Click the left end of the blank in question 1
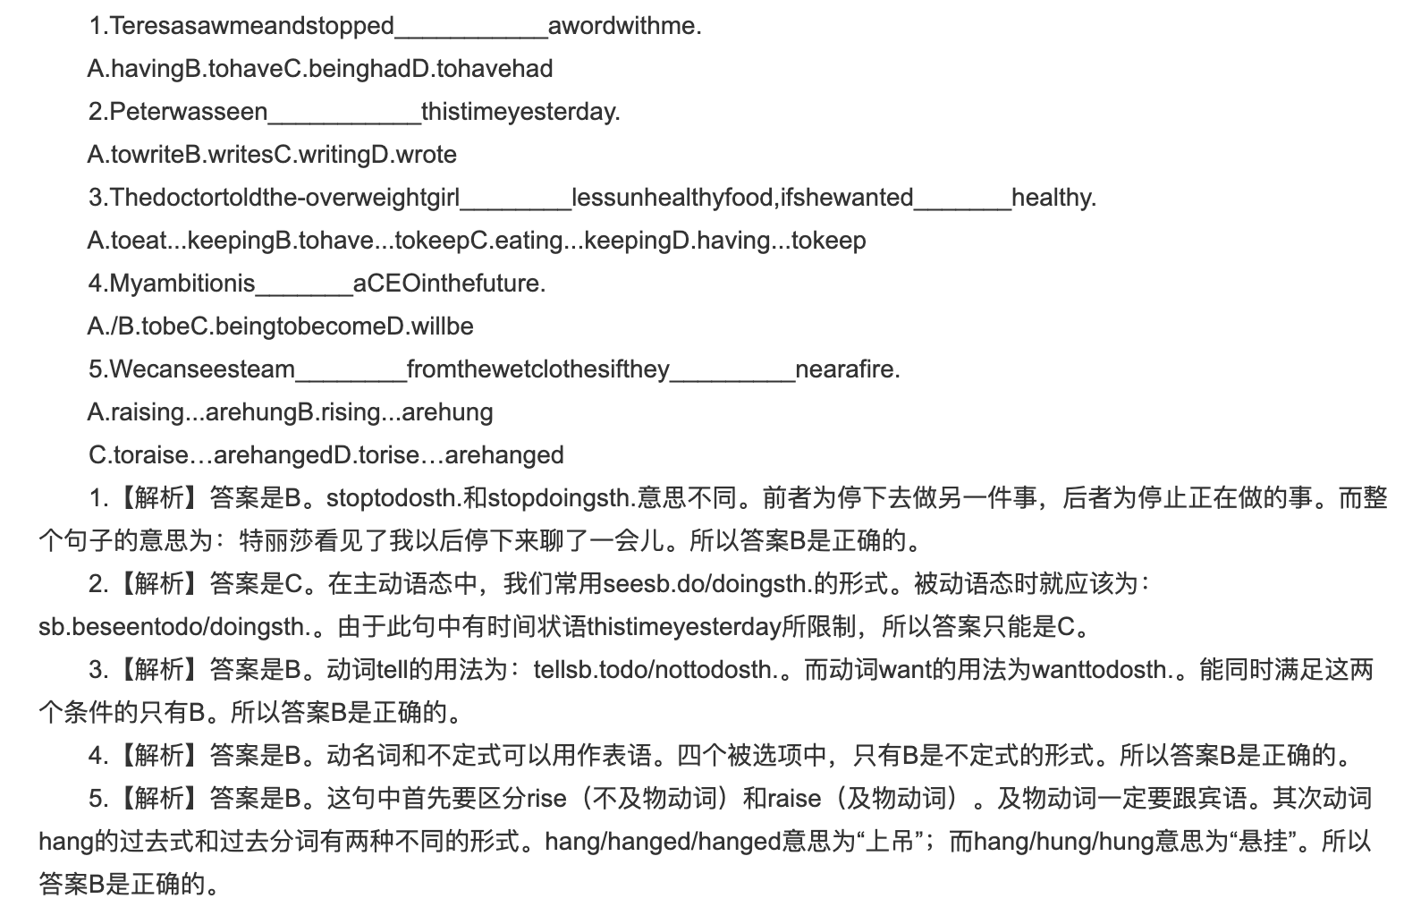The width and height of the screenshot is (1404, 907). click(x=395, y=38)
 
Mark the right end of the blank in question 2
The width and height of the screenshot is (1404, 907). click(x=421, y=124)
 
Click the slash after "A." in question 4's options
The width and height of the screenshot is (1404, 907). click(x=114, y=326)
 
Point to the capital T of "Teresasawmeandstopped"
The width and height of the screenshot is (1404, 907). click(x=117, y=26)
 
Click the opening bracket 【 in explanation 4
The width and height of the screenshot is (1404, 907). click(x=125, y=755)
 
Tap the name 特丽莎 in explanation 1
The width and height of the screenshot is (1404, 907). click(x=276, y=541)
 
